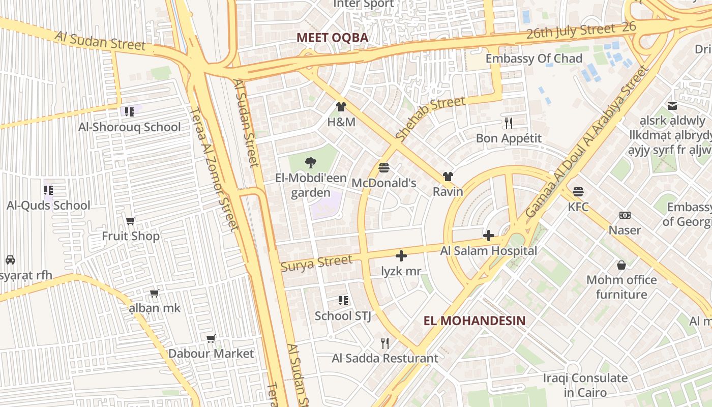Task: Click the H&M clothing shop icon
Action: point(341,107)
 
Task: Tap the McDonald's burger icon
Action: point(384,167)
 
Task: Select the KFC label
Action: point(578,207)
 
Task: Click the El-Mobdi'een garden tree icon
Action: point(310,163)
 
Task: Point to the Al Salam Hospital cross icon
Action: point(489,236)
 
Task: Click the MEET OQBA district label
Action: point(332,38)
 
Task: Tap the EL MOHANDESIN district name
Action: point(474,321)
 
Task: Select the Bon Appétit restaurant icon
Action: point(508,123)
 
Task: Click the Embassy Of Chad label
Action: point(533,59)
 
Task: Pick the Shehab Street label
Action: point(430,119)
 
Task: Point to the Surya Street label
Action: point(316,263)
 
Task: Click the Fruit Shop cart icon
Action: point(131,221)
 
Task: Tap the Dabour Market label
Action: point(211,354)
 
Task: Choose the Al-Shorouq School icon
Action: point(129,111)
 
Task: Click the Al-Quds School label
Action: point(48,206)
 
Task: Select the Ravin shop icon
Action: point(448,177)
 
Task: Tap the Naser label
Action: point(625,230)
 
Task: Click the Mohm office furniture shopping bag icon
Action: point(621,265)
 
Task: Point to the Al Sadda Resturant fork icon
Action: point(385,343)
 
